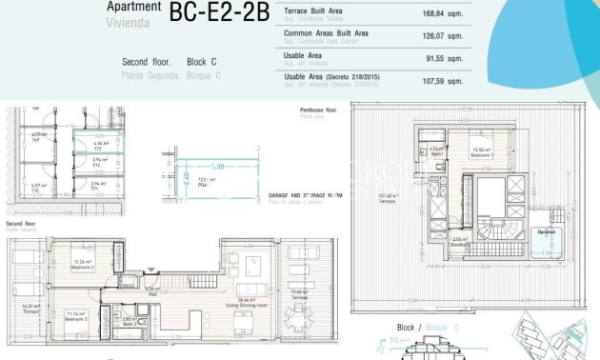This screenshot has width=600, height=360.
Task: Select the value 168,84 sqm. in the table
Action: [442, 14]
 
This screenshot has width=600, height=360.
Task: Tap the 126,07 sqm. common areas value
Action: [442, 36]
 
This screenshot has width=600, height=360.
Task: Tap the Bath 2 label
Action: [129, 323]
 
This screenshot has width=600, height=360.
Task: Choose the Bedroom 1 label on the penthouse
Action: [481, 151]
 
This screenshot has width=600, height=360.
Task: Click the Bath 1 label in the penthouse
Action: [437, 151]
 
